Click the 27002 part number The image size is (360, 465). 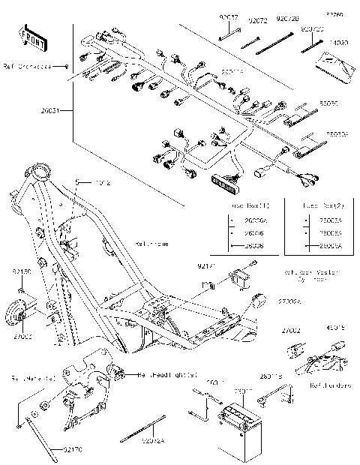point(291,330)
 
